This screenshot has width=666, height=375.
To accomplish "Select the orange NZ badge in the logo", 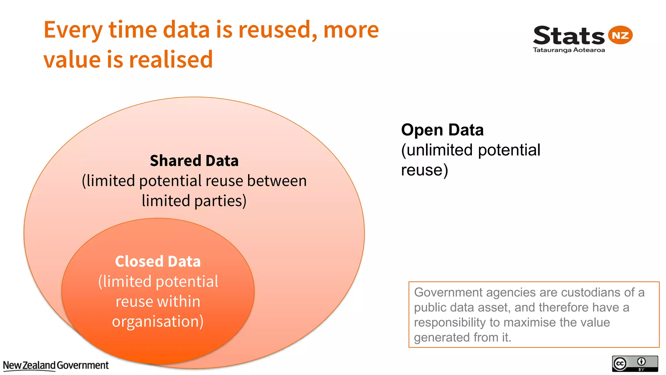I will click(x=620, y=35).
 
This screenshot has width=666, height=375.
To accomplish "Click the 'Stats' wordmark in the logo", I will click(x=568, y=36).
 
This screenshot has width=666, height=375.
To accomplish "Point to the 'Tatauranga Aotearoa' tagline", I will click(x=569, y=50).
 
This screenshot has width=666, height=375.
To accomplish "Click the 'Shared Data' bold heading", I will click(x=194, y=161).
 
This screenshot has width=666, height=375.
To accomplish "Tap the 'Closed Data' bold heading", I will click(x=158, y=261).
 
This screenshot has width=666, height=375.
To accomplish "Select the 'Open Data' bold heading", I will click(x=442, y=130).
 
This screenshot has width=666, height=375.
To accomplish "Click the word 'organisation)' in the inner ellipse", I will click(x=158, y=322).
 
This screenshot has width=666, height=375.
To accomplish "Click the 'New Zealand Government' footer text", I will click(x=56, y=366).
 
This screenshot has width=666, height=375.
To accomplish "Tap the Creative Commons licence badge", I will click(x=635, y=364).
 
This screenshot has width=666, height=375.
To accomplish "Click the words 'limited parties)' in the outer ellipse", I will click(x=194, y=201).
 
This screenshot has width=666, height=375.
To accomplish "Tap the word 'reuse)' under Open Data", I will click(x=424, y=170).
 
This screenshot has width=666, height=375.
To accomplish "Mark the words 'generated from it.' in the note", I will click(x=462, y=337).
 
